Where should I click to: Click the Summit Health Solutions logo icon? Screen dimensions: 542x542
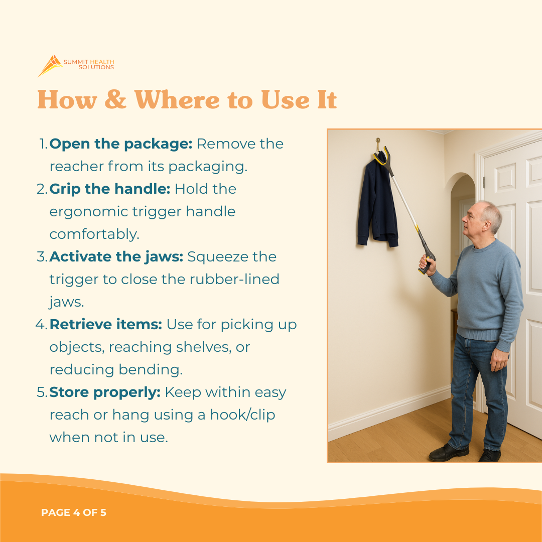pos(50,65)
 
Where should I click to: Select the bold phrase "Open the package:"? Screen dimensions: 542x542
pos(121,144)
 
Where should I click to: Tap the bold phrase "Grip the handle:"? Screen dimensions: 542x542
pos(110,189)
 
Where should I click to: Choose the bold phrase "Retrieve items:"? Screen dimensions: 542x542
pos(105,325)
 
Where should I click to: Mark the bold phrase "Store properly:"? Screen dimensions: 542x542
pos(105,392)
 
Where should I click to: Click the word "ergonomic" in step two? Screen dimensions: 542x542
pos(88,212)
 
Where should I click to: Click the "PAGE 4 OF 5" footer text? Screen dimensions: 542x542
pos(74,513)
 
